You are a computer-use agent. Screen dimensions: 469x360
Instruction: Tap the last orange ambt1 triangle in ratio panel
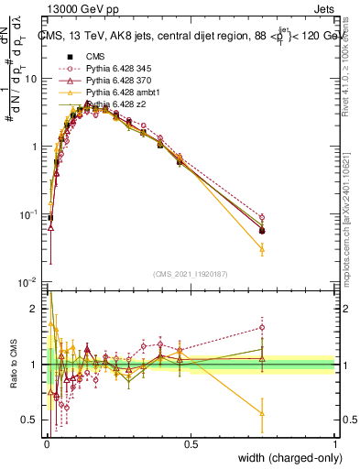(262, 413)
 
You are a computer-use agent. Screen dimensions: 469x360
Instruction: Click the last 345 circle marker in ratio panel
(262, 327)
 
